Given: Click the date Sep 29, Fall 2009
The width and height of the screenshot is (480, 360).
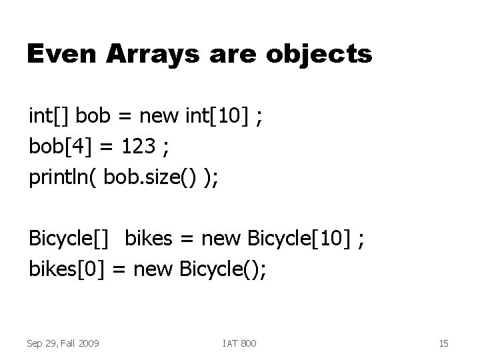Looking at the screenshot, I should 63,343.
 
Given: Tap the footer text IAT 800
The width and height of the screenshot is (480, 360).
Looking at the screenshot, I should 240,343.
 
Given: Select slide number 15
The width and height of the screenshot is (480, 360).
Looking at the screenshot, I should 444,343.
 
